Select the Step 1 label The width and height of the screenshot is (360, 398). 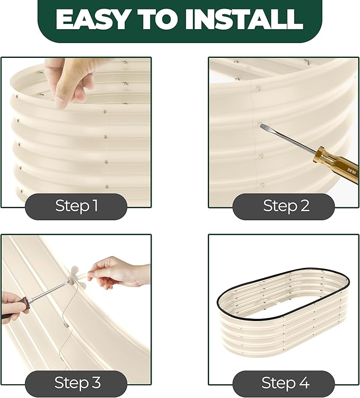pyautogui.click(x=76, y=205)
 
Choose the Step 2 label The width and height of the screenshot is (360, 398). pyautogui.click(x=286, y=205)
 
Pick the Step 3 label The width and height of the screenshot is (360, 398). pyautogui.click(x=77, y=383)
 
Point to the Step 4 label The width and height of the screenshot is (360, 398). pyautogui.click(x=285, y=383)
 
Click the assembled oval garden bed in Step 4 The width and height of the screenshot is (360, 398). pyautogui.click(x=283, y=312)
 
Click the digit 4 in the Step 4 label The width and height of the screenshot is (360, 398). pyautogui.click(x=303, y=383)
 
